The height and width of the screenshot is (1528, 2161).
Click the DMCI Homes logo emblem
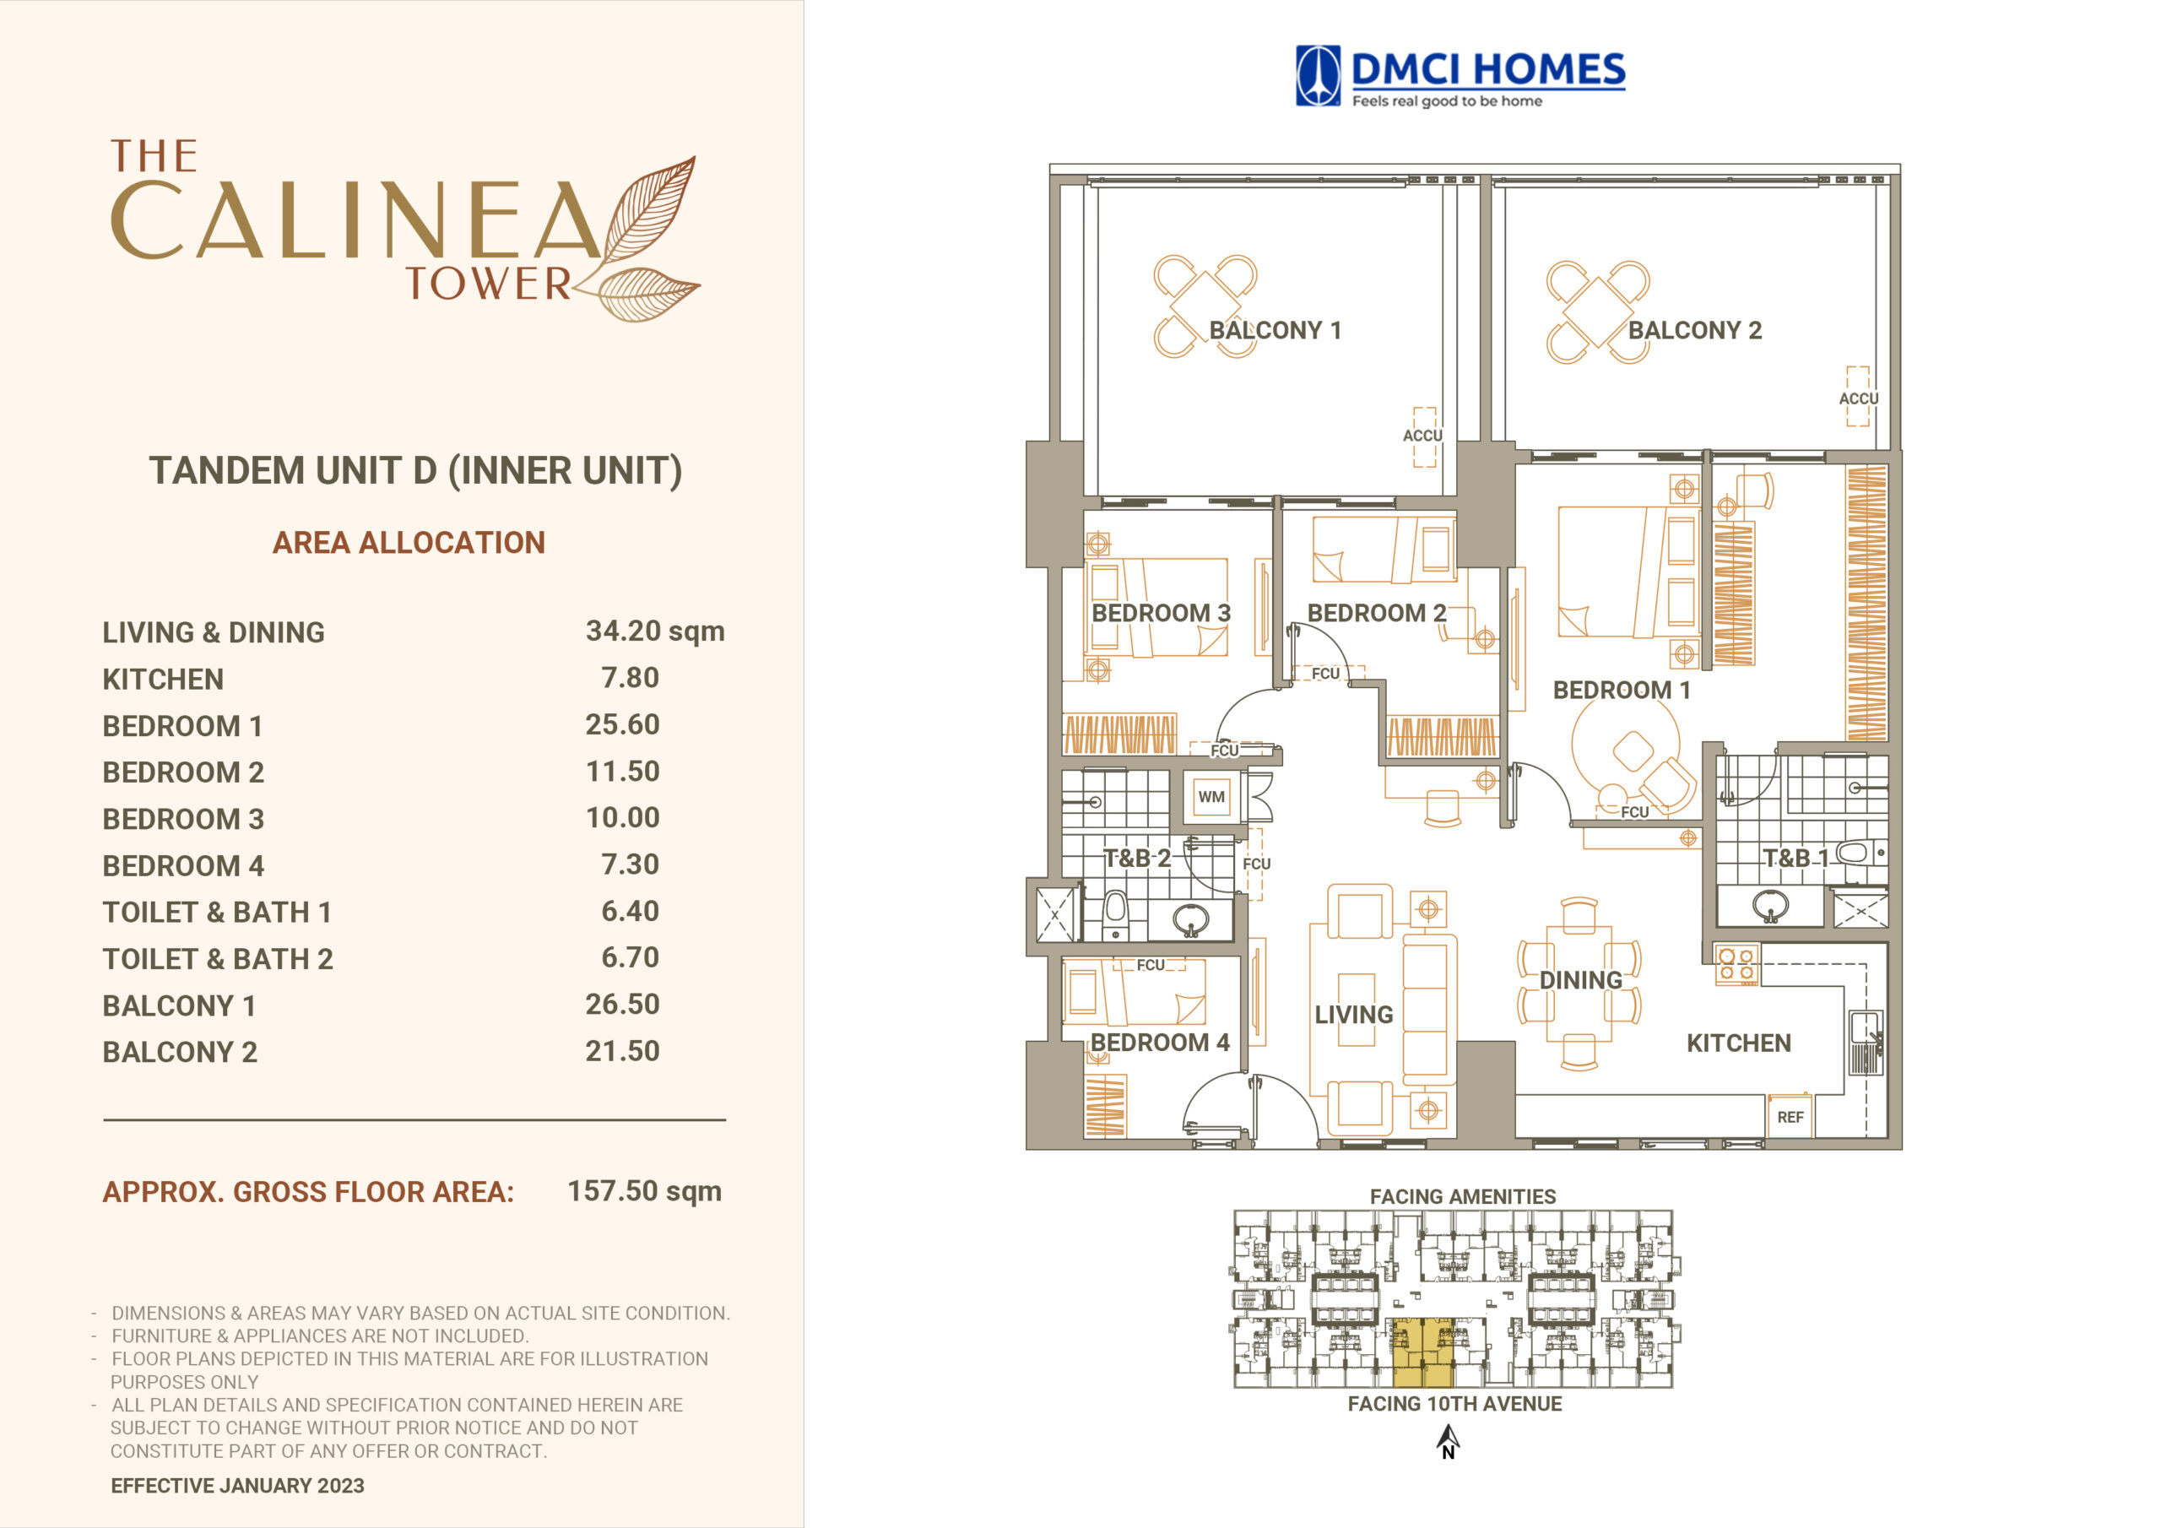(1318, 75)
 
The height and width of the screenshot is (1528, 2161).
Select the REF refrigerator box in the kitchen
(1790, 1117)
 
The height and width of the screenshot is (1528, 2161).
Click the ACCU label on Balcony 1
(1422, 436)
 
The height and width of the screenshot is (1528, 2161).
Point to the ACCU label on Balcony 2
(1858, 398)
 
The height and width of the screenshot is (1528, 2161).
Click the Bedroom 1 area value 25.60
(622, 724)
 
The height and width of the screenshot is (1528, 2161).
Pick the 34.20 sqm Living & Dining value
(655, 631)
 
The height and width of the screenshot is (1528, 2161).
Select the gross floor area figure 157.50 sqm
(645, 1191)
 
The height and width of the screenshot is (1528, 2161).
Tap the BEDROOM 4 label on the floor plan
(1160, 1043)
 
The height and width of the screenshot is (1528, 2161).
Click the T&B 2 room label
(1137, 858)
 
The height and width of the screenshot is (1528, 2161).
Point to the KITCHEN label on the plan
(1738, 1043)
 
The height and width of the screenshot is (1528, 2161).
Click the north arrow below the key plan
(1448, 1440)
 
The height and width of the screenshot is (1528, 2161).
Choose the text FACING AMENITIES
(1463, 1196)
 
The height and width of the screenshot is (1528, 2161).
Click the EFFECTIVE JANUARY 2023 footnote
(237, 1486)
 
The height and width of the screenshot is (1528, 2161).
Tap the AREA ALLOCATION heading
(409, 542)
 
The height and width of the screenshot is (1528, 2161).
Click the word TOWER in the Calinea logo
(488, 284)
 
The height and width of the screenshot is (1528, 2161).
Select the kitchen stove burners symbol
(1736, 964)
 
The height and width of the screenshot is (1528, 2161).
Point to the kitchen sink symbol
(1866, 1043)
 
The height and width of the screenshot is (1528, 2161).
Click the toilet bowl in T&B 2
(1115, 914)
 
